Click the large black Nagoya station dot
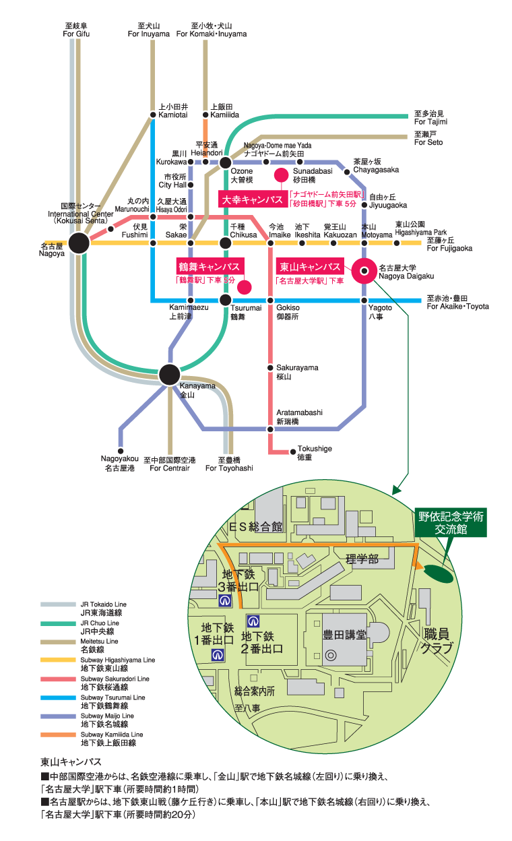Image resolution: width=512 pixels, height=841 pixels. point(79,243)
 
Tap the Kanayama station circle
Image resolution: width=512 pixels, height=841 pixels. point(169,374)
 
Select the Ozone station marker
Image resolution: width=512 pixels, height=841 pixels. point(226,162)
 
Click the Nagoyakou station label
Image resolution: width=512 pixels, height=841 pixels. point(120,463)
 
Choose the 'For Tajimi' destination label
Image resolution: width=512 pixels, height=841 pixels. point(430,118)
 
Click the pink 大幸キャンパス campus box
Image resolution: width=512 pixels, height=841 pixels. point(253,199)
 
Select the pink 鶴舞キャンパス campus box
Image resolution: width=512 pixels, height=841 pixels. point(209,267)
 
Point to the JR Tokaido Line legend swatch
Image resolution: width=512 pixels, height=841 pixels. point(59,604)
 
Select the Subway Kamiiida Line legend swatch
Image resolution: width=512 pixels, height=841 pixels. point(59,734)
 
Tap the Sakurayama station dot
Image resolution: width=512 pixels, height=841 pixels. point(270,368)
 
